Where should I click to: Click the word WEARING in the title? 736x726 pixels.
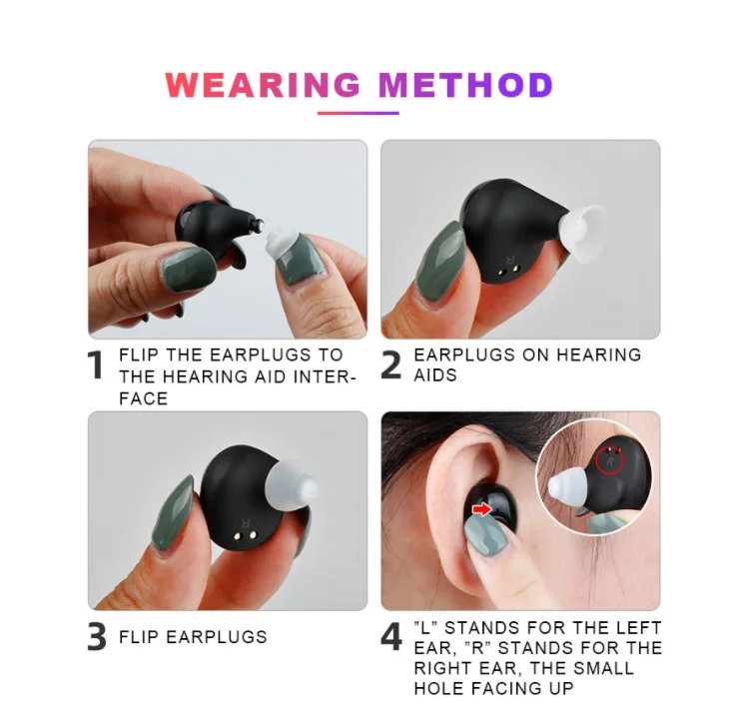[263, 85]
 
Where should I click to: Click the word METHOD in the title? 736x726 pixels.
[465, 85]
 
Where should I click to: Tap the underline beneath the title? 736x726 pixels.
[359, 113]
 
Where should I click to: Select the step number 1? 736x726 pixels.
[95, 364]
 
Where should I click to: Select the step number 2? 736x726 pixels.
[391, 364]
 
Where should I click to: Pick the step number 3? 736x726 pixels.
[97, 637]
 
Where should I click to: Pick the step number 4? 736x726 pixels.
[391, 637]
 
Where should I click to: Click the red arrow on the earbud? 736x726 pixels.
[481, 509]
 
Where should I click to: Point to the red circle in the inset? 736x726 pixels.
[610, 459]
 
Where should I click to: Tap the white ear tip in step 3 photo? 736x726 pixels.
[291, 488]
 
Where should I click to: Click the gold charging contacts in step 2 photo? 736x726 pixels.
[509, 271]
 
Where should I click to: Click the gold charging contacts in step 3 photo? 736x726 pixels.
[245, 536]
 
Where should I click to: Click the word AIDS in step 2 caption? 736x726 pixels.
[435, 375]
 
